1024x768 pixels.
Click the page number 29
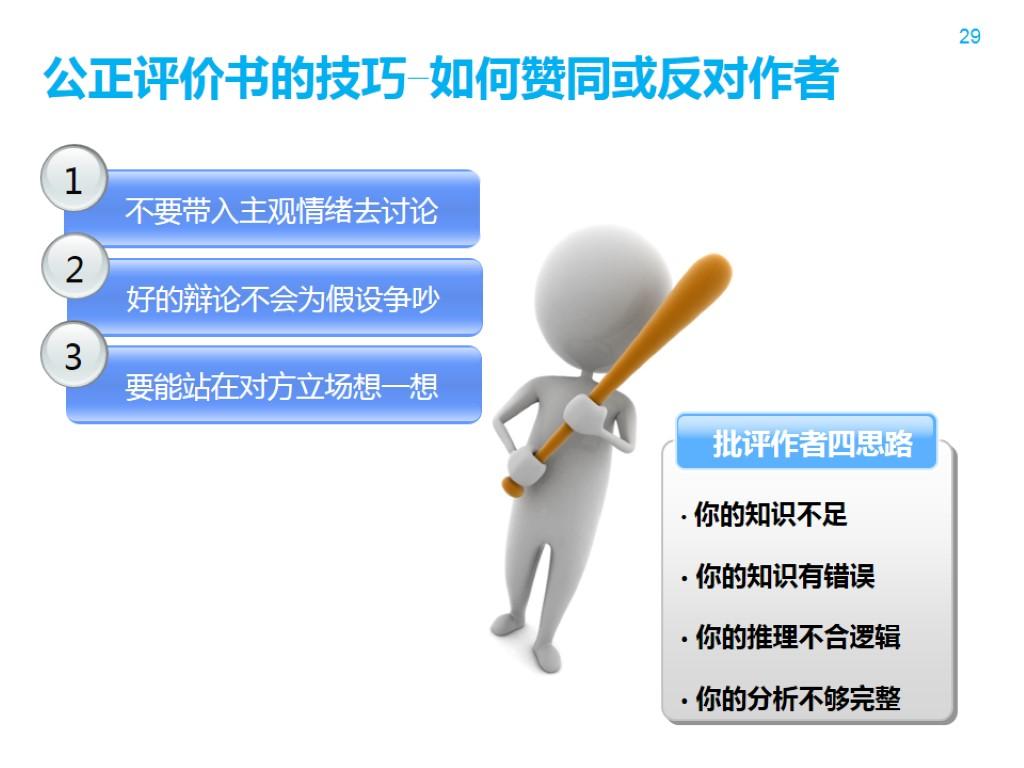tap(969, 37)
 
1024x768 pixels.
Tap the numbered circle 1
tap(73, 181)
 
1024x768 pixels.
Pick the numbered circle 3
tap(73, 356)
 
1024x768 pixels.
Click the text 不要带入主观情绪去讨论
tap(281, 211)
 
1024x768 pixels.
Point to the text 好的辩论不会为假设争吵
tap(282, 298)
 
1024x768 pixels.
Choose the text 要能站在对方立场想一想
tap(281, 386)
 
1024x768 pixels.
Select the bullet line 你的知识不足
tap(770, 516)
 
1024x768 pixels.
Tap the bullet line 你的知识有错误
tap(784, 577)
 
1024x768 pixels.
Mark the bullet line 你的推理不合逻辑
tap(797, 638)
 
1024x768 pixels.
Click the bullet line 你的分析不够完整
tap(797, 699)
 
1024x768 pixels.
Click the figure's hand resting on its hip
tap(523, 462)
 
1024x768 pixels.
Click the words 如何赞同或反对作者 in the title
tap(634, 81)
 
